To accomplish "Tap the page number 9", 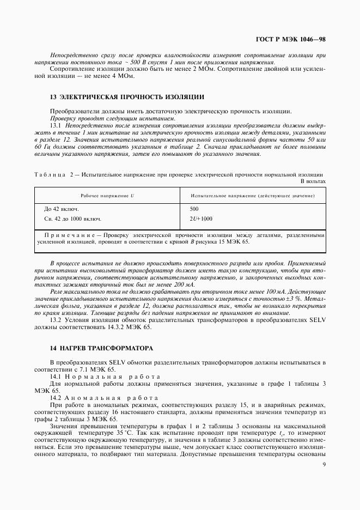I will click(x=324, y=464).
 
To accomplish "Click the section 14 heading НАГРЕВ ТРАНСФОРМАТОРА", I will click(x=101, y=348).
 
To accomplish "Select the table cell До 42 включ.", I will click(x=61, y=209).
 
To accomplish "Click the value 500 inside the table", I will click(x=194, y=209).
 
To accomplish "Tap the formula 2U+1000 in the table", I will click(x=201, y=218).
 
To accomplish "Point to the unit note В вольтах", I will click(x=313, y=181).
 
